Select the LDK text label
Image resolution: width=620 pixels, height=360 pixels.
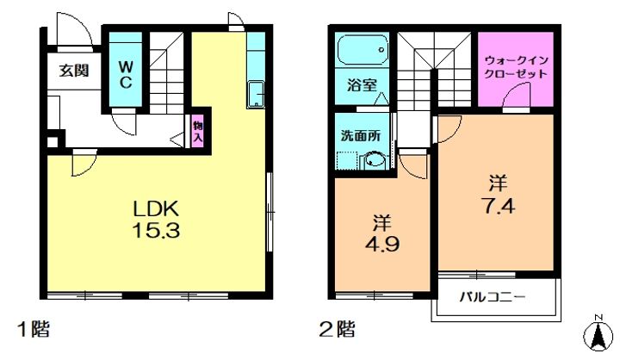[155, 210]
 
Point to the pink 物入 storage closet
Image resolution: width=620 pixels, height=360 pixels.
[198, 131]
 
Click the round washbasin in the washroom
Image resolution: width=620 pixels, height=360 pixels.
[375, 160]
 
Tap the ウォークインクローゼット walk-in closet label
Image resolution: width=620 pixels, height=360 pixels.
[516, 67]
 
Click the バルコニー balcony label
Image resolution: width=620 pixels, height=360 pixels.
[494, 297]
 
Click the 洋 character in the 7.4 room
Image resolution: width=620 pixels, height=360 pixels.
[497, 183]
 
